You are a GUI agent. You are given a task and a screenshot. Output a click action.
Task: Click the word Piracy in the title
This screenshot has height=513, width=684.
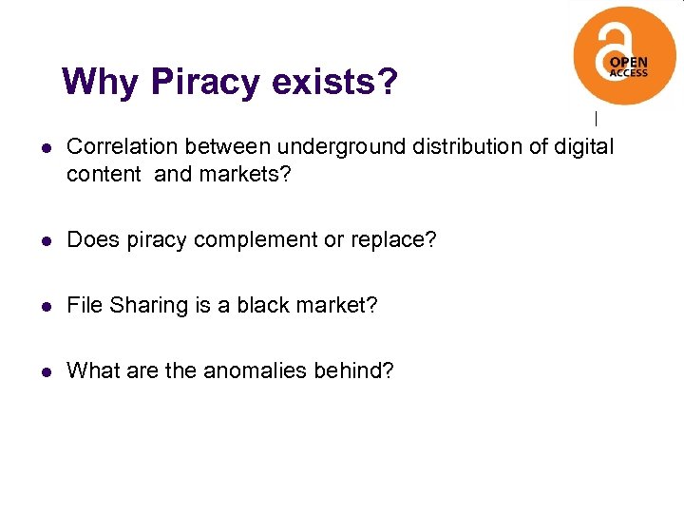[x=205, y=83]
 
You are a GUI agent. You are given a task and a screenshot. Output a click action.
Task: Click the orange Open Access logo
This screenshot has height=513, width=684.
[x=624, y=55]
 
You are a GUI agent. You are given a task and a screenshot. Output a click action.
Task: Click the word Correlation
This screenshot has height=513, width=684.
[x=123, y=147]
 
